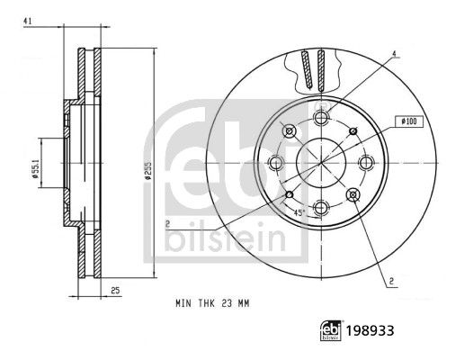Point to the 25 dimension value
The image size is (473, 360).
click(116, 290)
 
